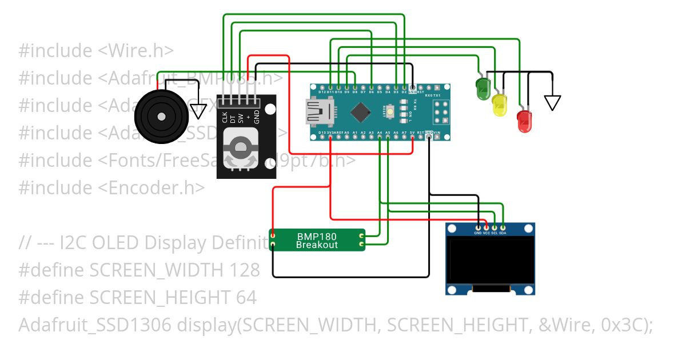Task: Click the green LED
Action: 483,89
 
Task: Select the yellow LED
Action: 500,106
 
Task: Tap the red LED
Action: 524,122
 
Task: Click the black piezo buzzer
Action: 161,117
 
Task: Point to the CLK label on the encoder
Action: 224,118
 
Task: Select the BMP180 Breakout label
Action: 317,241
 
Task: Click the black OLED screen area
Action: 490,261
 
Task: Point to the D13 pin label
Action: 322,133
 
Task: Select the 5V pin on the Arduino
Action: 412,133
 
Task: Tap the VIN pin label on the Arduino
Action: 437,133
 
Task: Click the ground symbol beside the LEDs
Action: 552,102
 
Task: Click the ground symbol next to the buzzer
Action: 198,110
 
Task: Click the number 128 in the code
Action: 246,270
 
